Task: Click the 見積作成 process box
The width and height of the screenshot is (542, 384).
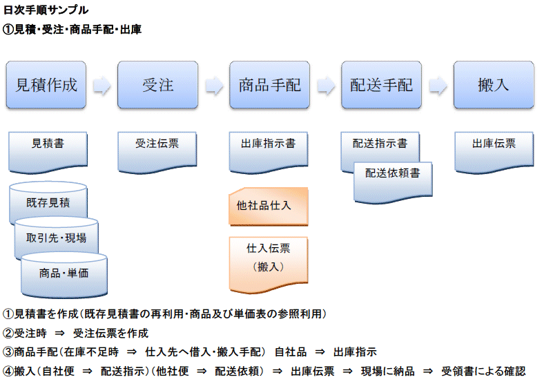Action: tap(46, 85)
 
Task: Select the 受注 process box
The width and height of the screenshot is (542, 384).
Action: tap(157, 85)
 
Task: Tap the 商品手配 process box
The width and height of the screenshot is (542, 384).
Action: tap(269, 85)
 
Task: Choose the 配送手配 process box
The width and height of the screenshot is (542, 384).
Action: tap(381, 85)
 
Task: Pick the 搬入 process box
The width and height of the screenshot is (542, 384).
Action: tap(494, 85)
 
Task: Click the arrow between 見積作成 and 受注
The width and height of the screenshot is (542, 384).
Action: tap(102, 85)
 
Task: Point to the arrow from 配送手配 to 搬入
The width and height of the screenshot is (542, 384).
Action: tap(438, 85)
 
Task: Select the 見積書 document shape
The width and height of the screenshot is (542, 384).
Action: tap(48, 152)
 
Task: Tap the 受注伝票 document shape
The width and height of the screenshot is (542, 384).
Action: tap(157, 152)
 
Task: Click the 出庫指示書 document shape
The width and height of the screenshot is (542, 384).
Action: tap(269, 152)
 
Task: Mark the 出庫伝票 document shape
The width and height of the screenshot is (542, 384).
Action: tap(494, 152)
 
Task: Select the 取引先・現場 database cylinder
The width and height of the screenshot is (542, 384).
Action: tap(57, 237)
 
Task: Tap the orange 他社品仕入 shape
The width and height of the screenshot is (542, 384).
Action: tap(269, 207)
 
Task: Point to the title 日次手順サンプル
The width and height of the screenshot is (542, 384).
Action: tap(46, 10)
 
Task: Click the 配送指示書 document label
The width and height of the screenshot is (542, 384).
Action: tap(380, 143)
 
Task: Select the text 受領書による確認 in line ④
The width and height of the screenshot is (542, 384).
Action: tap(483, 371)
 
